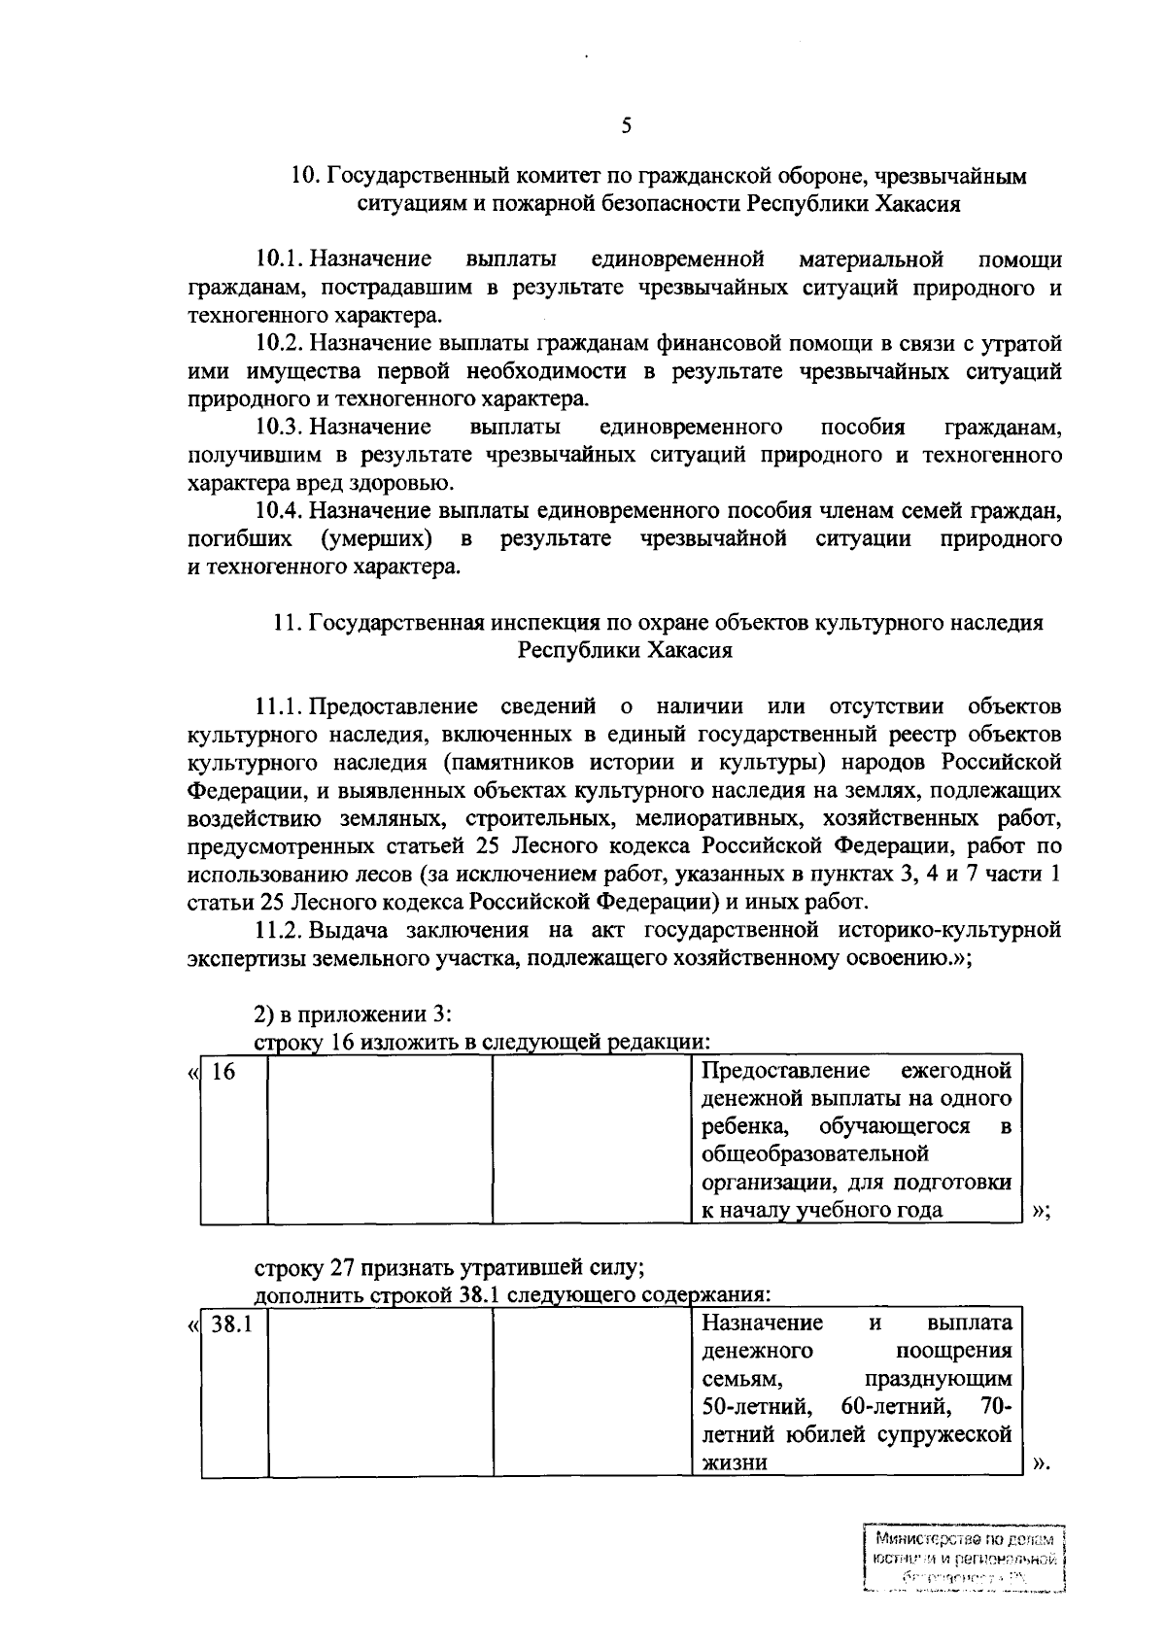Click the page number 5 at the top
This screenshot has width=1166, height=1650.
point(627,125)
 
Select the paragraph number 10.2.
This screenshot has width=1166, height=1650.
point(282,343)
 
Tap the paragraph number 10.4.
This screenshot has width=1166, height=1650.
point(282,510)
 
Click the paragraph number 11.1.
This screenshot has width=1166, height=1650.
point(281,705)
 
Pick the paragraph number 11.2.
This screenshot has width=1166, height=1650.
point(281,930)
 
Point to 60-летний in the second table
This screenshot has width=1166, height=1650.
point(888,1406)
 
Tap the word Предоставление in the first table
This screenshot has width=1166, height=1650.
point(785,1071)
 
